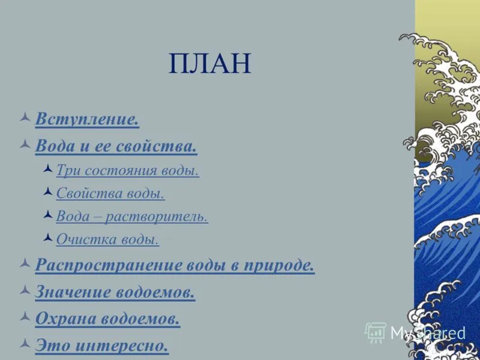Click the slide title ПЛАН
click(x=210, y=64)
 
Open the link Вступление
click(x=87, y=119)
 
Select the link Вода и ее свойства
click(x=116, y=146)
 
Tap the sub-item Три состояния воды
click(x=128, y=170)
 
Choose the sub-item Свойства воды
click(x=110, y=193)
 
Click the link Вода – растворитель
click(x=132, y=217)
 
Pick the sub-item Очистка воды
click(x=108, y=239)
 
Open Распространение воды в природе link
click(x=175, y=265)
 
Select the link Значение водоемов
click(x=115, y=292)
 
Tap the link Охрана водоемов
click(x=107, y=319)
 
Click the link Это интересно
click(x=102, y=346)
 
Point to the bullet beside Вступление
click(x=25, y=117)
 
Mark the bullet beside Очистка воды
click(x=48, y=238)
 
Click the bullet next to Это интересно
click(x=25, y=343)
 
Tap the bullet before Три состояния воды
click(x=48, y=169)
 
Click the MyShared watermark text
click(x=428, y=334)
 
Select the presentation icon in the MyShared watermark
click(x=376, y=333)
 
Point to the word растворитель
click(x=157, y=217)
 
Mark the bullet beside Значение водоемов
click(x=25, y=290)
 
